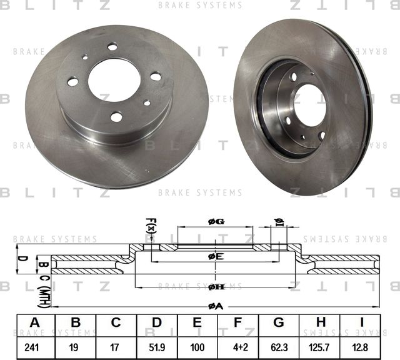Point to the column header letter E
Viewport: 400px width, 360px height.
click(x=197, y=323)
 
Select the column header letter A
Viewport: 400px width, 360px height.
click(x=34, y=323)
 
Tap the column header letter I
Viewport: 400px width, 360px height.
click(x=361, y=323)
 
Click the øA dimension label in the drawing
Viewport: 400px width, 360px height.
click(x=216, y=306)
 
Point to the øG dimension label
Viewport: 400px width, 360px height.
click(x=216, y=221)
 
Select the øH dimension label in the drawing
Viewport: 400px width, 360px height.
click(x=216, y=286)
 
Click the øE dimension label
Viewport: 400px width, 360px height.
click(x=216, y=256)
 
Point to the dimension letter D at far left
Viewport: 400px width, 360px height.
click(x=21, y=258)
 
